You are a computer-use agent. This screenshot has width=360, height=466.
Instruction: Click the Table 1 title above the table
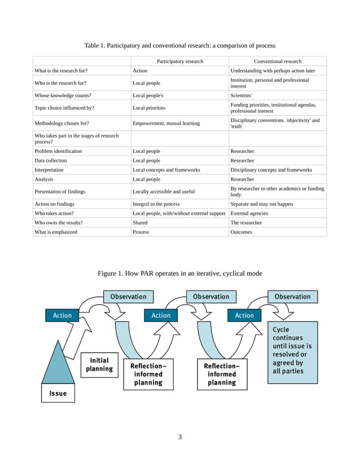click(x=179, y=45)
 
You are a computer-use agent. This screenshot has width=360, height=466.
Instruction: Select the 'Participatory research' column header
click(x=179, y=61)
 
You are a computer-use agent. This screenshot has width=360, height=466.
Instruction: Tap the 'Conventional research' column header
click(x=278, y=61)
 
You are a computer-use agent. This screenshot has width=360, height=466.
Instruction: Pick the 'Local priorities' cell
click(x=149, y=107)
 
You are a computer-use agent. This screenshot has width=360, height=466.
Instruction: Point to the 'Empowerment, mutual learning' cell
click(x=166, y=123)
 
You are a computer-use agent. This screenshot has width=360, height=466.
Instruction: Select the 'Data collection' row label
click(x=51, y=160)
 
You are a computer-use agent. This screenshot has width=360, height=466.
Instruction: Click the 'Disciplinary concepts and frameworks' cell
click(x=271, y=169)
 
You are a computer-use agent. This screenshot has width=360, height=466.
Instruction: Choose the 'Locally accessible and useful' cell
click(x=164, y=191)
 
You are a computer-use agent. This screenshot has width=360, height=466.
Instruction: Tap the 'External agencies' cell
click(x=249, y=213)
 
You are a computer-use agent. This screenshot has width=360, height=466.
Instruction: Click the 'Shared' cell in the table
click(x=140, y=222)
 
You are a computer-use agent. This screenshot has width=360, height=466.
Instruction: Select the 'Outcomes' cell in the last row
click(x=242, y=231)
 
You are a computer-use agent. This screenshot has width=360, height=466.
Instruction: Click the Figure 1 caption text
click(x=179, y=274)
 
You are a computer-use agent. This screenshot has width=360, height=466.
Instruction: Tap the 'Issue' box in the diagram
click(x=58, y=393)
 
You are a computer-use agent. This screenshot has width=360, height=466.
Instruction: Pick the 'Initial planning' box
click(x=99, y=364)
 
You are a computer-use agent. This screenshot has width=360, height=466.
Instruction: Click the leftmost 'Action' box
click(x=62, y=315)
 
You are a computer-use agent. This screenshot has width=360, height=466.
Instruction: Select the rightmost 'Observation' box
click(x=292, y=296)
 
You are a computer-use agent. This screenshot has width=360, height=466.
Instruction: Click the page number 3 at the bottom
click(x=179, y=437)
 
